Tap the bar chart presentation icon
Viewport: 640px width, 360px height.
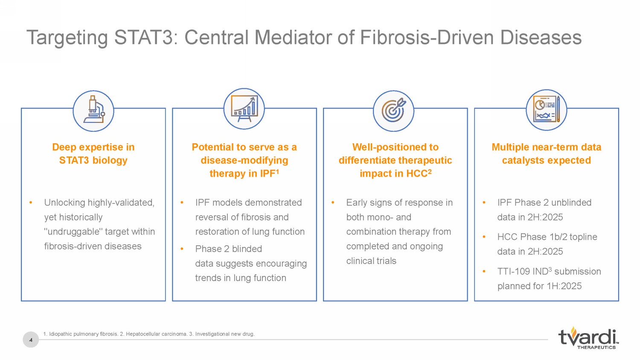point(244,109)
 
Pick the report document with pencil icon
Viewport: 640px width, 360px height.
point(546,110)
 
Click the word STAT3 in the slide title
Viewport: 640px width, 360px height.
point(146,38)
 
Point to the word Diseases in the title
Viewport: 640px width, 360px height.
point(541,38)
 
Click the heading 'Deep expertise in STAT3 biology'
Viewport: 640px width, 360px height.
point(93,154)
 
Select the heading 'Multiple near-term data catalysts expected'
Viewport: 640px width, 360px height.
point(547,154)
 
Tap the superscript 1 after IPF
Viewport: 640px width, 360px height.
point(277,171)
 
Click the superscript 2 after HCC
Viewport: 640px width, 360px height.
point(429,171)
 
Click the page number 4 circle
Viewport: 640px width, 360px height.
point(31,340)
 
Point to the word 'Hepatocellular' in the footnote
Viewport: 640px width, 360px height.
point(142,334)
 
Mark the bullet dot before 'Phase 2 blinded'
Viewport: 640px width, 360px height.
point(182,249)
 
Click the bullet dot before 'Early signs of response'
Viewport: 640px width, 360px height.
point(333,203)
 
